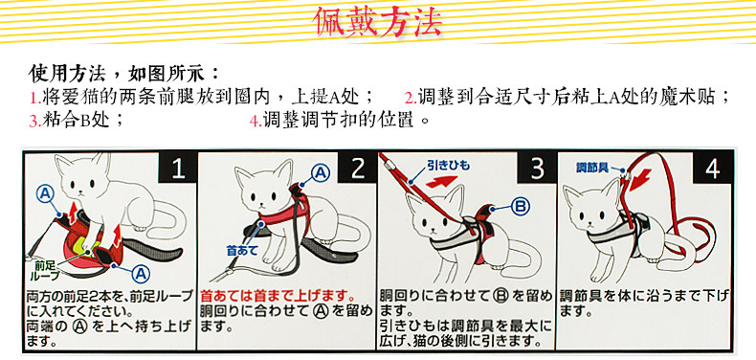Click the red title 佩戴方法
tap(377, 22)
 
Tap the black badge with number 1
tap(177, 168)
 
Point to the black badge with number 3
tap(537, 168)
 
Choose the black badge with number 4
tap(713, 168)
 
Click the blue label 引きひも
tap(448, 166)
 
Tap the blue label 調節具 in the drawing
tap(591, 168)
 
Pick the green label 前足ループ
tap(47, 270)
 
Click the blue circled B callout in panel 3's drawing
tap(520, 207)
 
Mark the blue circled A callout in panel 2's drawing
tap(321, 172)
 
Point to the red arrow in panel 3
tap(441, 182)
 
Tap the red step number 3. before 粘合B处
tap(34, 122)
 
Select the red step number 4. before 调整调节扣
tap(256, 122)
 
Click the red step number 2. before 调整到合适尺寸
tap(411, 99)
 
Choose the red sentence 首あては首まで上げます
tap(278, 295)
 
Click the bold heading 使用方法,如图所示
tap(123, 74)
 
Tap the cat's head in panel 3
tap(434, 213)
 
